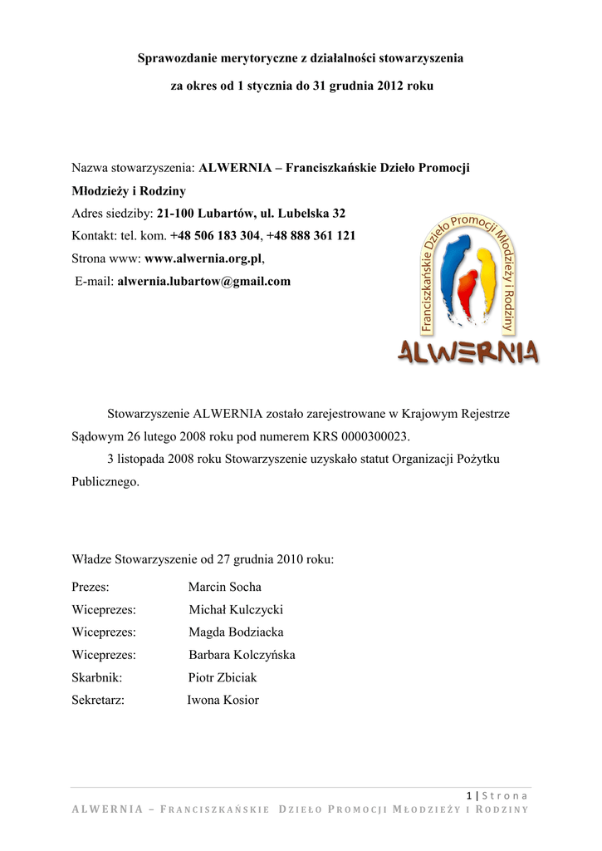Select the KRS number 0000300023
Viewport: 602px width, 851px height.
tap(374, 435)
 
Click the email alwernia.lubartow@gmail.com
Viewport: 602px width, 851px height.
tap(203, 282)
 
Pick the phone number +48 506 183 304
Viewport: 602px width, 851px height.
tap(214, 236)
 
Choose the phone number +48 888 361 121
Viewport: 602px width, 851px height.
tap(311, 236)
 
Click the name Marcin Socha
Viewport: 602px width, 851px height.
tap(224, 588)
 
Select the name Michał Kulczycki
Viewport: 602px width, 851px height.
tap(236, 610)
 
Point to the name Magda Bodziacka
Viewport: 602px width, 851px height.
tap(236, 632)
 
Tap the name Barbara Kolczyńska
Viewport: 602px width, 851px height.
tap(242, 655)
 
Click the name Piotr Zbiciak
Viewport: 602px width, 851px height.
tap(223, 677)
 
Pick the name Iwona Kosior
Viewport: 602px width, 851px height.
tap(223, 700)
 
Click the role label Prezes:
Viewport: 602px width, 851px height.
tap(91, 588)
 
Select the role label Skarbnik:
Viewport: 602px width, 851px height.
tap(97, 677)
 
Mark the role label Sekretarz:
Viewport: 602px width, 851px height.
tap(98, 700)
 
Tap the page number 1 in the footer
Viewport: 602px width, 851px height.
tap(469, 795)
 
